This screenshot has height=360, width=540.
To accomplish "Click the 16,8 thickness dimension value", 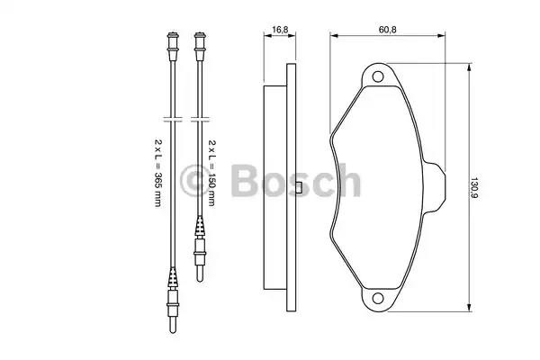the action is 280,30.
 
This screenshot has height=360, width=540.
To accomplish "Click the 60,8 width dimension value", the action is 387,30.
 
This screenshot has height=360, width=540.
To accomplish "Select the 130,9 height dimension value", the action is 474,187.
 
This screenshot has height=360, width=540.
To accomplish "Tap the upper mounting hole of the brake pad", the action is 378,76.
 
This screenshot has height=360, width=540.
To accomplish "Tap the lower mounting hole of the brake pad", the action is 378,298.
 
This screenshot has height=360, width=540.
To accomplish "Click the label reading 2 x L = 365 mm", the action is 157,173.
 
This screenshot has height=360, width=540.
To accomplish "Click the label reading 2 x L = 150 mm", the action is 211,173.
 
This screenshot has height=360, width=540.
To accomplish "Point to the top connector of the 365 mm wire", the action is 173,47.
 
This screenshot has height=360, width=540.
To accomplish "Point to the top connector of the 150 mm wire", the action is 200,47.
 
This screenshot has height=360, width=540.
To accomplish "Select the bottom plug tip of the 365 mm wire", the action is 173,325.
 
